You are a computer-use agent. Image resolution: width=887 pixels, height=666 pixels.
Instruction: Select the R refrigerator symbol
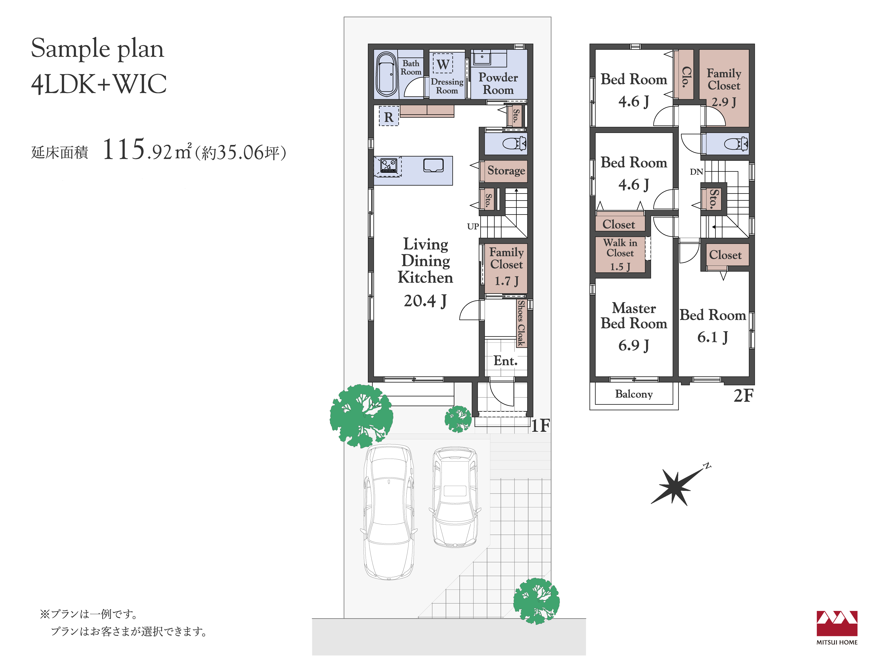(x=389, y=116)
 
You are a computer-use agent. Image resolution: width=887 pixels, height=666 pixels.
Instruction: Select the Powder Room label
(x=498, y=83)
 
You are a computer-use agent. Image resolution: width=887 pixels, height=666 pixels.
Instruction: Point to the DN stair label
(x=697, y=172)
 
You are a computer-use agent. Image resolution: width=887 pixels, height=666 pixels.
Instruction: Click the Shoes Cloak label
(x=521, y=323)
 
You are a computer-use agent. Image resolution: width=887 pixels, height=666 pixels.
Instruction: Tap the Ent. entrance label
(x=505, y=361)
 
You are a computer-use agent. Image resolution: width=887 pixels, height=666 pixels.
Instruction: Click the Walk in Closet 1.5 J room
(x=620, y=254)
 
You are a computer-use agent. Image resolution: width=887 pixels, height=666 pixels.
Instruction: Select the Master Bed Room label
(x=634, y=315)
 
